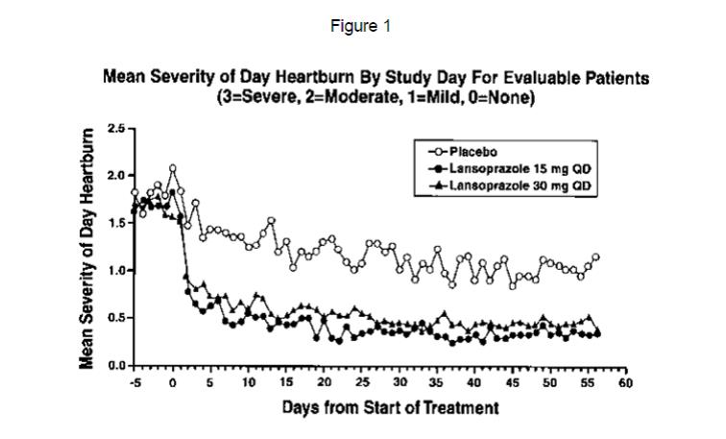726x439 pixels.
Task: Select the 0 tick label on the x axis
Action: point(173,383)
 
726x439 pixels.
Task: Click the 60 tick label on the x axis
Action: point(625,383)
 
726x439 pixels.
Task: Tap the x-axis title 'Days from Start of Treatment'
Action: point(390,407)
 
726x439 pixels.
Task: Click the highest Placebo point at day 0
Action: point(173,168)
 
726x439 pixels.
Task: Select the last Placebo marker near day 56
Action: point(595,256)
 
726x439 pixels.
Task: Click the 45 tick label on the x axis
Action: point(512,383)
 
